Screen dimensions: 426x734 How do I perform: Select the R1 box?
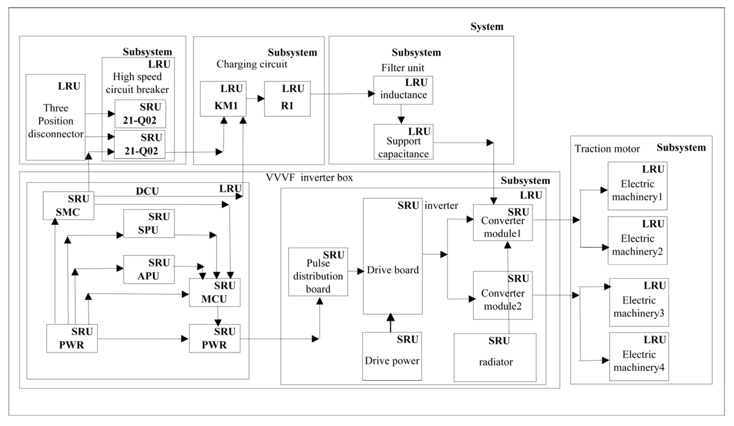(287, 99)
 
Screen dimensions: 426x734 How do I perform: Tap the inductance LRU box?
(403, 90)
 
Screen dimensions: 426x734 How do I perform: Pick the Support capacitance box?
(403, 142)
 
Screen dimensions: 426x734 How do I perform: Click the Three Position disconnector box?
(55, 117)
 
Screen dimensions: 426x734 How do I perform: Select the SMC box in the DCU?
(68, 206)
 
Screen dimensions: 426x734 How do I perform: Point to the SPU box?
(149, 224)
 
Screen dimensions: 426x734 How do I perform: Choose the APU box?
(149, 269)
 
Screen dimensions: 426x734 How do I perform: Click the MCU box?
(215, 293)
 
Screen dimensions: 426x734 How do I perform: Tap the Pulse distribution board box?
(318, 272)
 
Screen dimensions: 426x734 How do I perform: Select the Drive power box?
(392, 356)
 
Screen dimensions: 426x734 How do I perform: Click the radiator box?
(495, 358)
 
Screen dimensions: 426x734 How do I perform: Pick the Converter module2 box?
(503, 295)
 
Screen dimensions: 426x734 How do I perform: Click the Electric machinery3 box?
(639, 303)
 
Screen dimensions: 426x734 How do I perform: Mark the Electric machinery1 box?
(637, 186)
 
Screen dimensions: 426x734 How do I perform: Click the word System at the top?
(487, 26)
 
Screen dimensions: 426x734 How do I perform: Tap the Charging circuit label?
(252, 64)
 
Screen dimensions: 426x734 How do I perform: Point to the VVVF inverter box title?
(309, 177)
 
